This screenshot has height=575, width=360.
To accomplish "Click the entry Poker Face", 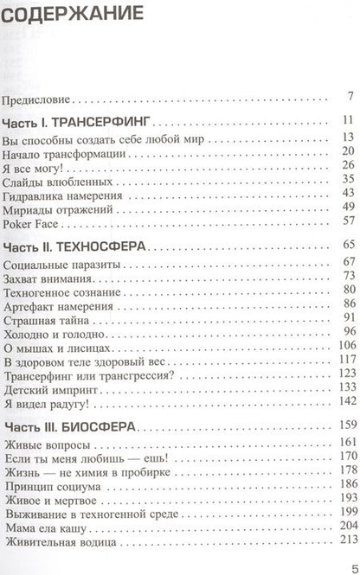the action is [31, 220].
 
